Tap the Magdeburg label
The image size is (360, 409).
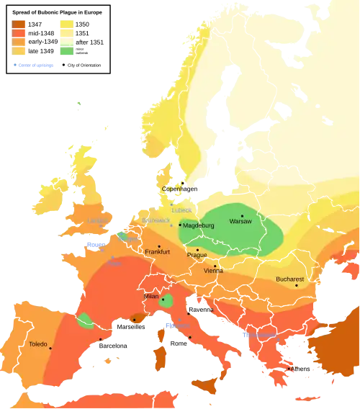(x=199, y=225)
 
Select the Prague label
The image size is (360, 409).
(x=197, y=255)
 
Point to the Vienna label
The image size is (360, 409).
(x=213, y=271)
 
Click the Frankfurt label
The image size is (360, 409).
(x=157, y=252)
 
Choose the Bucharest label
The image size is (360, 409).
(x=291, y=279)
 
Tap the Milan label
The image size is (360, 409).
(x=150, y=296)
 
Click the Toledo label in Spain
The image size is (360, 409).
(x=37, y=345)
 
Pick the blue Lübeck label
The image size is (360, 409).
(x=181, y=210)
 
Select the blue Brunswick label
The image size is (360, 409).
(x=156, y=220)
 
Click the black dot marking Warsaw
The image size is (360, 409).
(x=243, y=215)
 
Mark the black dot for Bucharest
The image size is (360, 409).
(x=296, y=286)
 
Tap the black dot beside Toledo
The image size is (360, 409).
(x=50, y=349)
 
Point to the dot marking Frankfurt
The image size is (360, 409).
(x=159, y=246)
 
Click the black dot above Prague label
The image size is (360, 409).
(x=198, y=249)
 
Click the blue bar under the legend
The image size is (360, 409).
(x=34, y=66)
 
